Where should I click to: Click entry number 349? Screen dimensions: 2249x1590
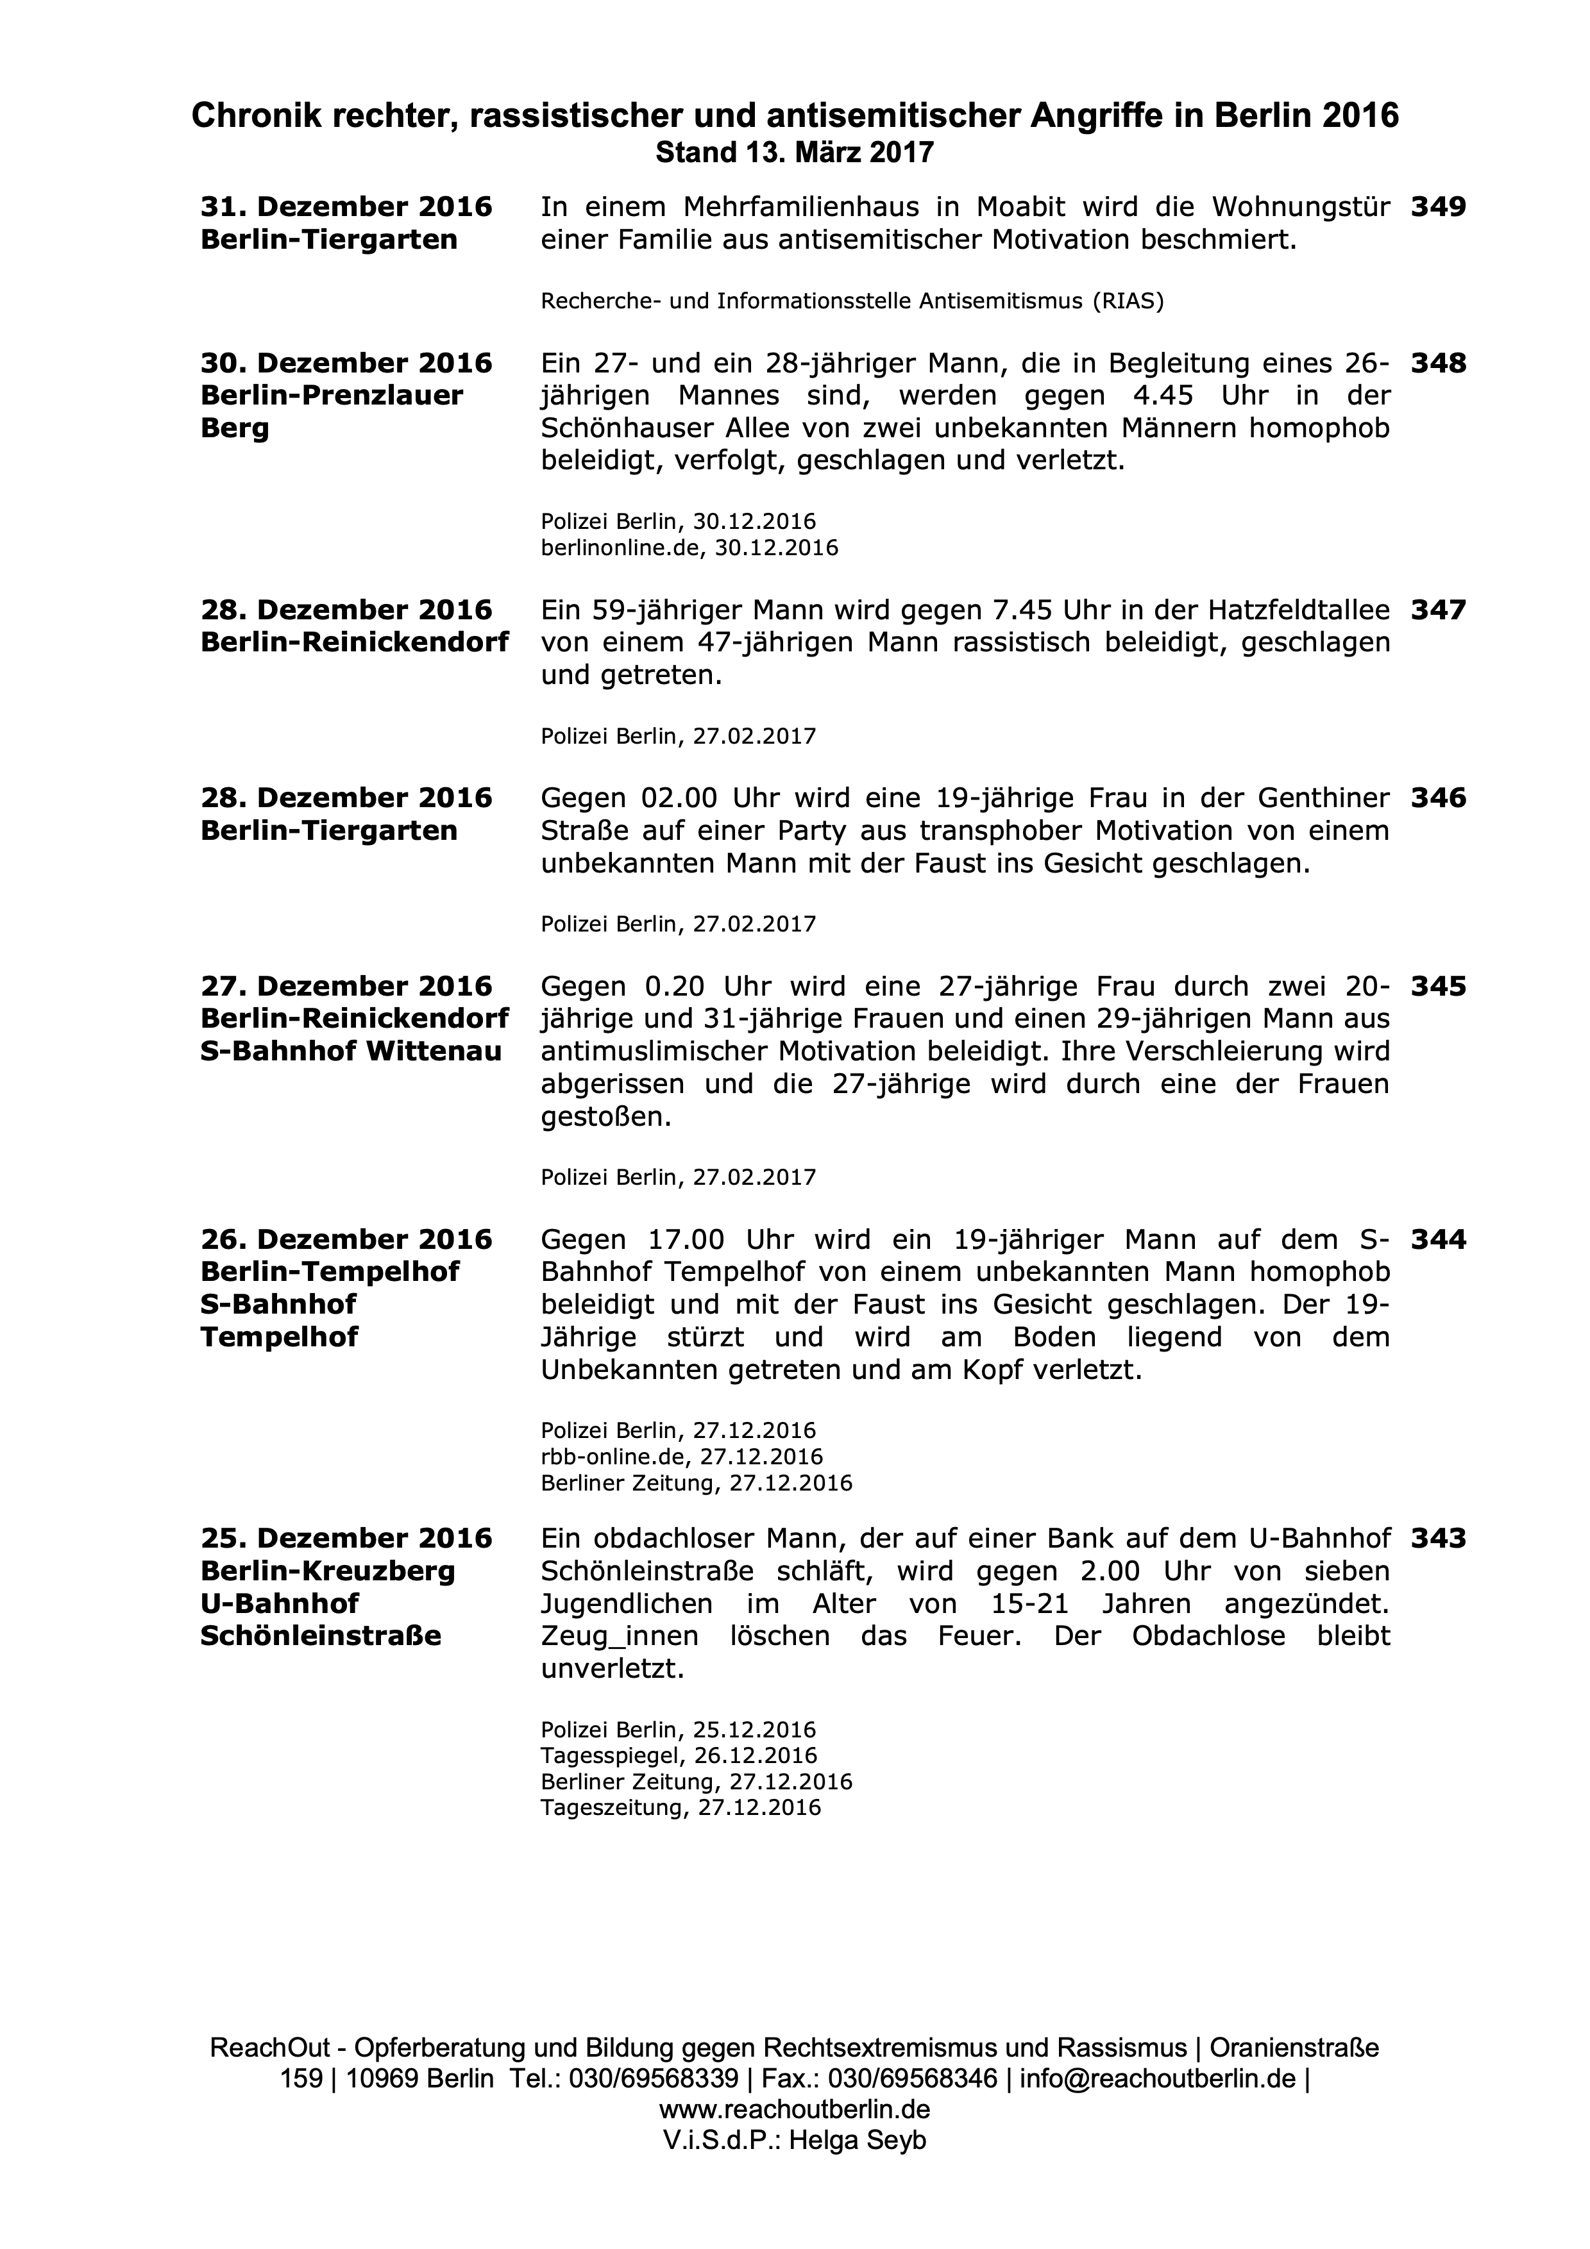[1437, 208]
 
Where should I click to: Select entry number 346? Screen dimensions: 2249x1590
[1437, 798]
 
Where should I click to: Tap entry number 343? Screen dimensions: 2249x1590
[1437, 1539]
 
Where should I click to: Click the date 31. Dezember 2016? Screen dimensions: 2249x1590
[346, 208]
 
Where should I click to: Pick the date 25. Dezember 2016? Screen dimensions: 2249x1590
[346, 1539]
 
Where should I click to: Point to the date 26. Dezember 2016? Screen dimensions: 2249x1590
[346, 1240]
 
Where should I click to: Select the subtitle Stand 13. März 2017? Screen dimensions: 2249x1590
[795, 153]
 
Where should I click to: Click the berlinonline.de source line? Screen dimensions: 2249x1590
[689, 548]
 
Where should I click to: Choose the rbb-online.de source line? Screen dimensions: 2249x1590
[681, 1457]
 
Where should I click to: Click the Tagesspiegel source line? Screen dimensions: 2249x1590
[678, 1755]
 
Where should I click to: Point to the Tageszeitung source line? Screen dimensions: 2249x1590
[680, 1807]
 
